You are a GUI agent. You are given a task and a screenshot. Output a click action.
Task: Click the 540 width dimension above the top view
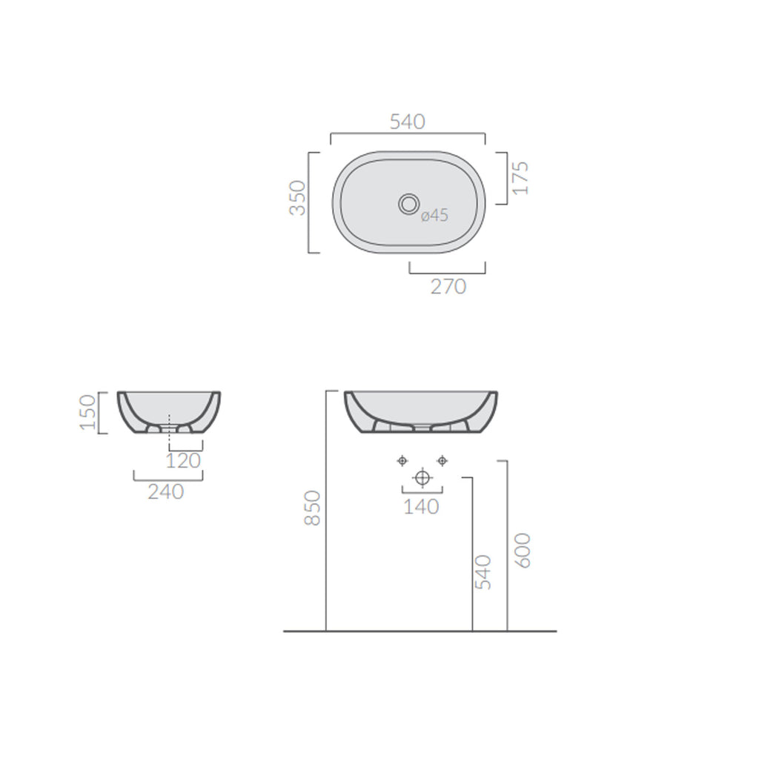[408, 122]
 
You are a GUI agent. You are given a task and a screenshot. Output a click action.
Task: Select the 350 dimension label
[297, 198]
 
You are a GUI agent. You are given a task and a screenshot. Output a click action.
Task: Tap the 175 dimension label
[520, 178]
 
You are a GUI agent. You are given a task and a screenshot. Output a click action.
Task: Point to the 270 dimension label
[448, 286]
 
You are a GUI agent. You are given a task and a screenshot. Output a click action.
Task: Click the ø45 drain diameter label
[434, 216]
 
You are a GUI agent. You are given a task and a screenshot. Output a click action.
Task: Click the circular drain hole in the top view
[408, 203]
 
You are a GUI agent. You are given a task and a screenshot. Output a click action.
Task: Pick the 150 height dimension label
[88, 413]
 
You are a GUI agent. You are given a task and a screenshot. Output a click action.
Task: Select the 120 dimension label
[183, 460]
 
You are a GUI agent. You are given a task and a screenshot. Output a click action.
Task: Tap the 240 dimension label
[165, 491]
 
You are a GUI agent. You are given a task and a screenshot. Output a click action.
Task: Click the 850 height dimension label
[314, 508]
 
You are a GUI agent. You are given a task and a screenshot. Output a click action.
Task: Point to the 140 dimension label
[422, 507]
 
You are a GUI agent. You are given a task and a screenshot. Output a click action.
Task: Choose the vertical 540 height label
[483, 572]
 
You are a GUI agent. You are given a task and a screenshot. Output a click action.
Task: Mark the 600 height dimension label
[523, 550]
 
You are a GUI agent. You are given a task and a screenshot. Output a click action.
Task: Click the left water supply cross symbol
[402, 461]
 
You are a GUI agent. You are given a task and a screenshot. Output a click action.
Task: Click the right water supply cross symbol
[442, 461]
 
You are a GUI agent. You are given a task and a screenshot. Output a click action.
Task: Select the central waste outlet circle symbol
[422, 478]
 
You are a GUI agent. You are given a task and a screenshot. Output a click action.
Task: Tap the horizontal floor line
[420, 632]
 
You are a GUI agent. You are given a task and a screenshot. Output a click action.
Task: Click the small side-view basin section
[170, 411]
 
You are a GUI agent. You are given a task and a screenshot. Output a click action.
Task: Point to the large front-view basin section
[420, 410]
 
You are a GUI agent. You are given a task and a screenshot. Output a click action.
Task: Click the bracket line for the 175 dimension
[507, 178]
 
